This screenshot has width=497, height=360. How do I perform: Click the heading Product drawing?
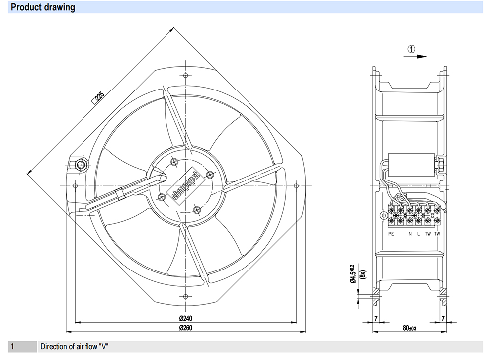click(x=43, y=7)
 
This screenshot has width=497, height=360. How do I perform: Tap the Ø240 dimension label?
click(x=185, y=318)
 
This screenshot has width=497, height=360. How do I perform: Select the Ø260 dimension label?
click(x=185, y=328)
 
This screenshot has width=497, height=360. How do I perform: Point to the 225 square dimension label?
click(x=98, y=97)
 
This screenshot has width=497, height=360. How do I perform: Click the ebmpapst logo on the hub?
click(x=186, y=186)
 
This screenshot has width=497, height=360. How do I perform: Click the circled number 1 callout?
click(x=411, y=49)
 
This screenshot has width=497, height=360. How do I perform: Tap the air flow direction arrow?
click(x=415, y=57)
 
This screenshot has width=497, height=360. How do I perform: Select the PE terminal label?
click(x=391, y=234)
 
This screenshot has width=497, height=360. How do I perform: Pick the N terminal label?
click(x=410, y=234)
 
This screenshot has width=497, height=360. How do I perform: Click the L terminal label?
click(x=418, y=234)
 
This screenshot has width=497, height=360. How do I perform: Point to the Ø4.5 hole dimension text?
click(x=353, y=273)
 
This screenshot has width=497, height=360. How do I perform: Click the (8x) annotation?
click(x=363, y=274)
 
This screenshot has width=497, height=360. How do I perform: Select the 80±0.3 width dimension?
click(x=410, y=328)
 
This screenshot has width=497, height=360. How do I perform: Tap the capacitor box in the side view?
click(x=412, y=165)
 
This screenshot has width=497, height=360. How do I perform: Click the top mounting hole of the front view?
click(x=186, y=76)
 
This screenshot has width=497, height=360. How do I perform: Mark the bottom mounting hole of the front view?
click(x=186, y=297)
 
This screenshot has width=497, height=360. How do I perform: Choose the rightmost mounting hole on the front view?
click(x=296, y=186)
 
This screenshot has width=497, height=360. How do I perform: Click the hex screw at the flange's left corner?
click(x=81, y=165)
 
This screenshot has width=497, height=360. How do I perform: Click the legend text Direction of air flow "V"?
click(x=74, y=347)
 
